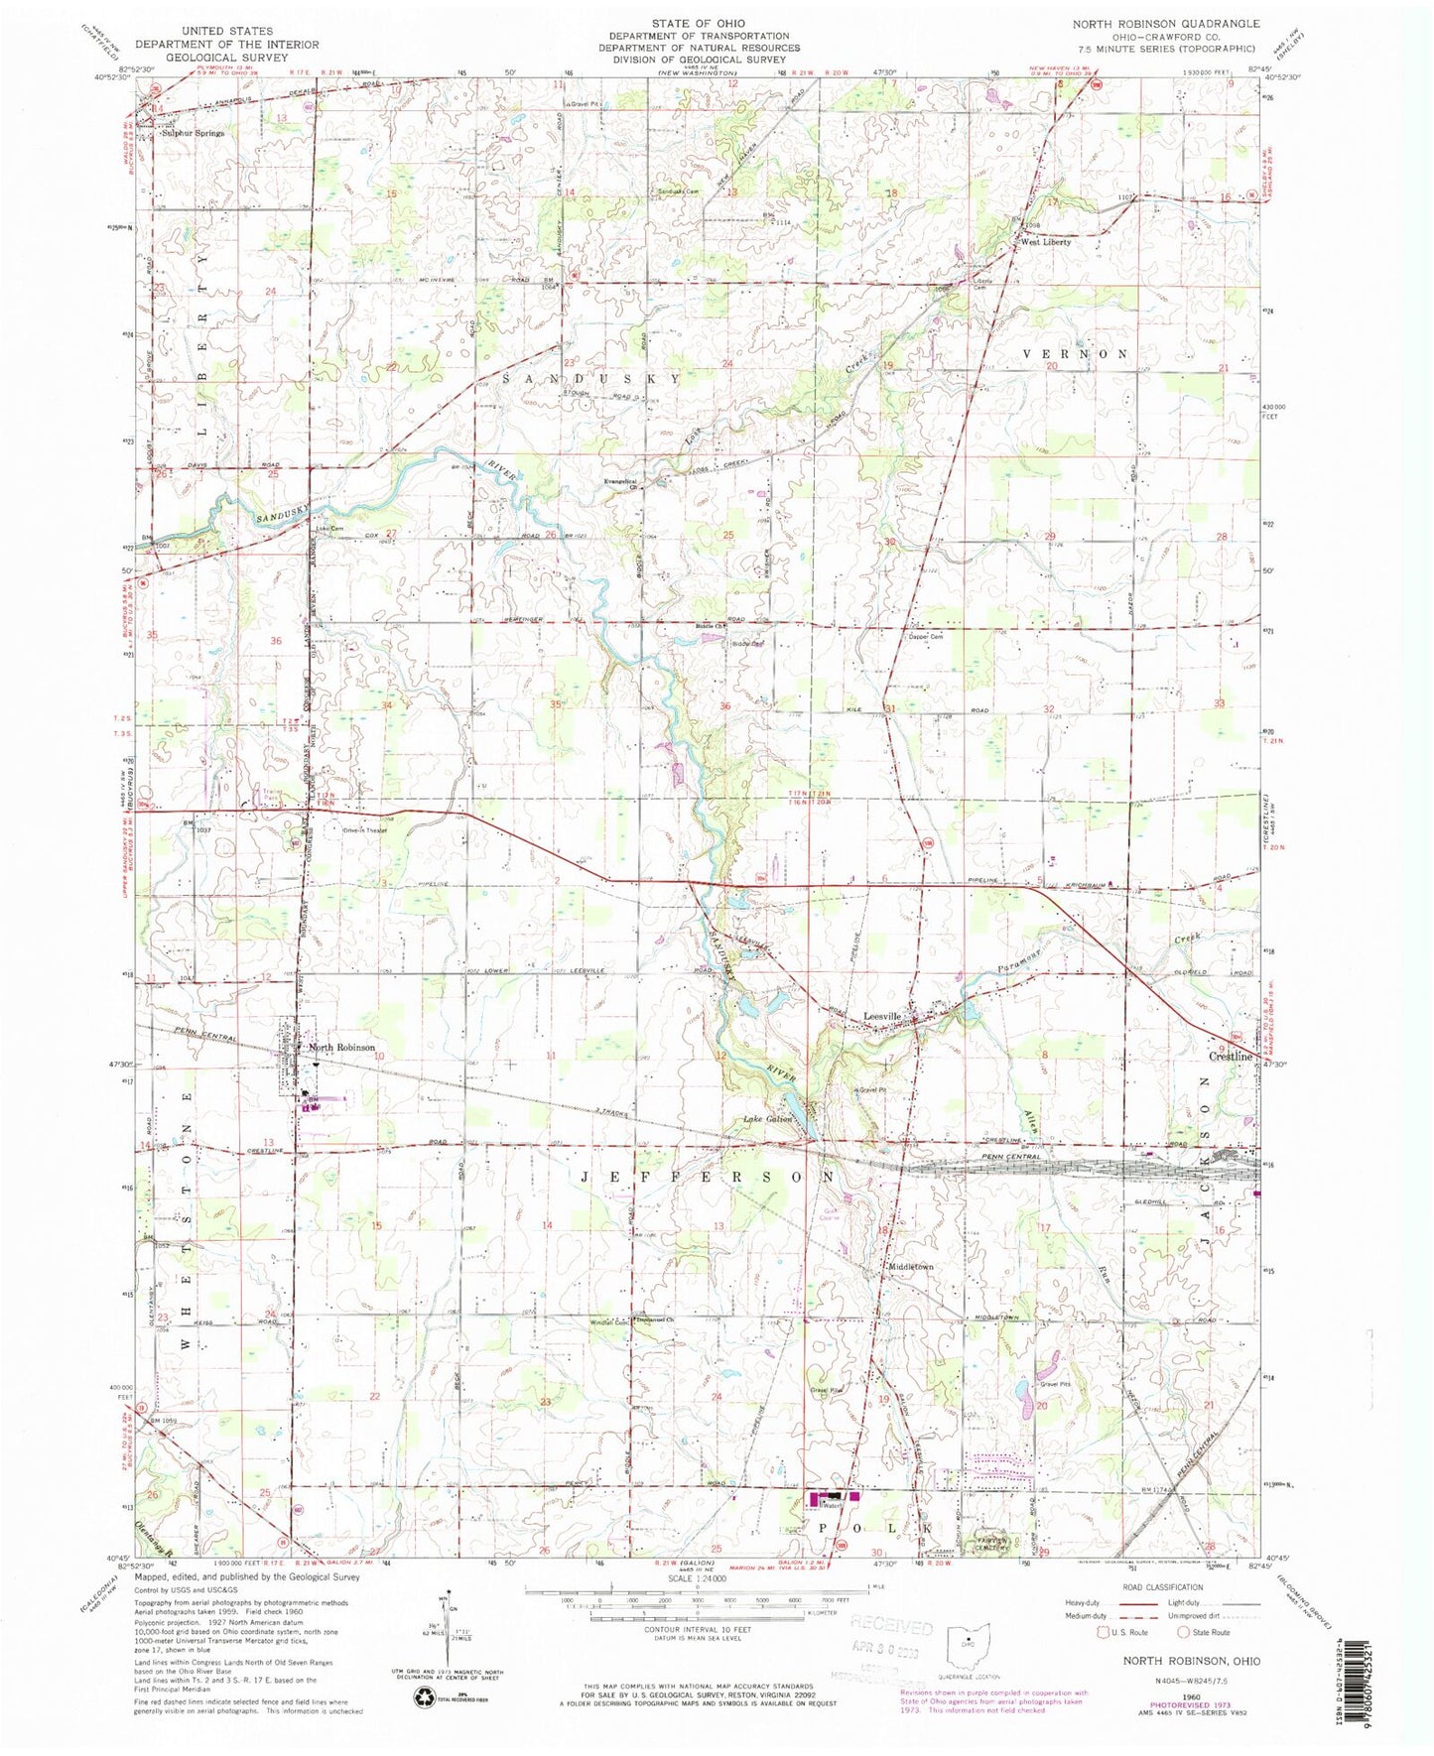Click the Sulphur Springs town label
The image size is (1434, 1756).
coord(194,132)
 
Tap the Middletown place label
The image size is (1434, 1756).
coord(911,1267)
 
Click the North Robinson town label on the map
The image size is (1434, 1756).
coord(341,1048)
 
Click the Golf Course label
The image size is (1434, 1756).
coord(829,1213)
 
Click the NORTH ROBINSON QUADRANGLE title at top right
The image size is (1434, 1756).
coord(1167,24)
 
